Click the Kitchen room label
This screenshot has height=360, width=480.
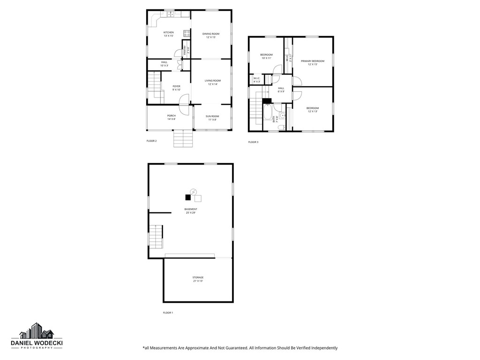coord(168,34)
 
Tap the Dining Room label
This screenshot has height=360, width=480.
coord(210,36)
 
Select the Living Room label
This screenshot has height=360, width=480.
coord(212,82)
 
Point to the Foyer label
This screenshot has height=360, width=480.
coord(176,88)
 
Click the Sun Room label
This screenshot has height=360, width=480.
coord(212,118)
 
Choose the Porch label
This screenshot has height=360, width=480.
coord(171,117)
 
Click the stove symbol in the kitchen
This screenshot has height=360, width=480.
coord(187,33)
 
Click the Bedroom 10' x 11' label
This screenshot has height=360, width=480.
coord(266,57)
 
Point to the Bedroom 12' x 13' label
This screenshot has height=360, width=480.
coord(313,110)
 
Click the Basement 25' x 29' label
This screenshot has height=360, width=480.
coord(190,211)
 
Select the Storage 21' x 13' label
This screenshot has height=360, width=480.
coord(198,279)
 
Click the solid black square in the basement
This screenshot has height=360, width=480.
coord(188,197)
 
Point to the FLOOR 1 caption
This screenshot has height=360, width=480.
coord(168,313)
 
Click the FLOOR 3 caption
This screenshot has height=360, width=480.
coord(253,142)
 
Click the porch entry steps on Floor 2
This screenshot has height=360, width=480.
coord(183,138)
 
